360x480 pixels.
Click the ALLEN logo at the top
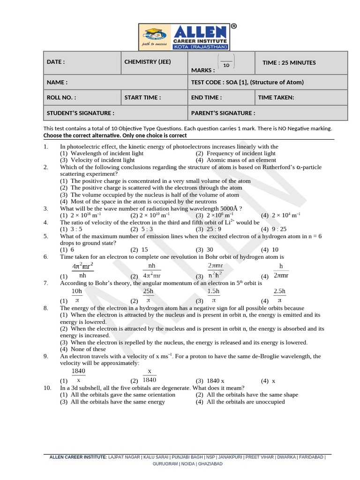pyautogui.click(x=184, y=37)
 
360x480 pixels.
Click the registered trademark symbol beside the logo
pyautogui.click(x=233, y=27)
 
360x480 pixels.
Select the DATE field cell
pyautogui.click(x=82, y=63)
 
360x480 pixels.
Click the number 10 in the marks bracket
pyautogui.click(x=226, y=65)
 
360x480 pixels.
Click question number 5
pyautogui.click(x=46, y=236)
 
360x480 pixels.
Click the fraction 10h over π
pyautogui.click(x=77, y=295)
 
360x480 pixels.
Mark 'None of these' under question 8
pyautogui.click(x=88, y=349)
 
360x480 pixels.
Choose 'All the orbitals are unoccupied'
pyautogui.click(x=245, y=402)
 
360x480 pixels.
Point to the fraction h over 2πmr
pyautogui.click(x=281, y=271)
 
